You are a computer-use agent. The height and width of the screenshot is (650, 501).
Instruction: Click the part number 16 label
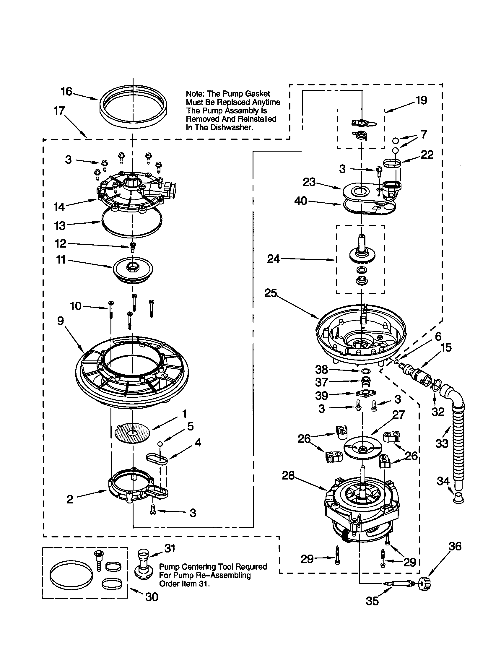point(66,91)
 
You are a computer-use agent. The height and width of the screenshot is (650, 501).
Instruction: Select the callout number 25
point(270,293)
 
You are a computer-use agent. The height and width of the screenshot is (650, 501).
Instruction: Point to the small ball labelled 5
point(160,444)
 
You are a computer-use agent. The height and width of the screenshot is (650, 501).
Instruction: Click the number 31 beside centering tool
point(170,548)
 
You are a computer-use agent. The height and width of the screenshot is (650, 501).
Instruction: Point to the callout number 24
point(273,259)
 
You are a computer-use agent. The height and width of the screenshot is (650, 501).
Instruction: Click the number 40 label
point(300,201)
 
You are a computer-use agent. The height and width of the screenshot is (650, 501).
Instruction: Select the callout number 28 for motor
point(288,475)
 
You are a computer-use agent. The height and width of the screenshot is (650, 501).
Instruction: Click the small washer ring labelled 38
point(365,371)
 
